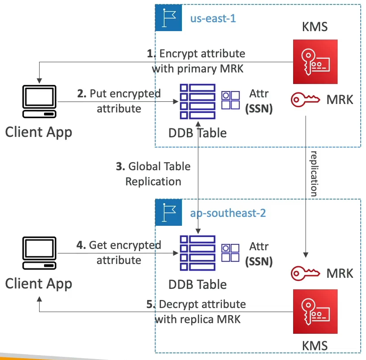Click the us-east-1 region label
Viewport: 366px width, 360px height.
pos(213,19)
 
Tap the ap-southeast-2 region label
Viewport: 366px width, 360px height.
pos(228,213)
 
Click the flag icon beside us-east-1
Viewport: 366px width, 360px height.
pos(169,19)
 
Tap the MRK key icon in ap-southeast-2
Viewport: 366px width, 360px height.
pos(306,272)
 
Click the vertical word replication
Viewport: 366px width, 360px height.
pos(314,173)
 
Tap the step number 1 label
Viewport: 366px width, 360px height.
pos(150,54)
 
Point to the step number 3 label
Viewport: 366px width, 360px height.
pos(120,167)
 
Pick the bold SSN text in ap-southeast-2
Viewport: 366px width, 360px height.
pos(259,261)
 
